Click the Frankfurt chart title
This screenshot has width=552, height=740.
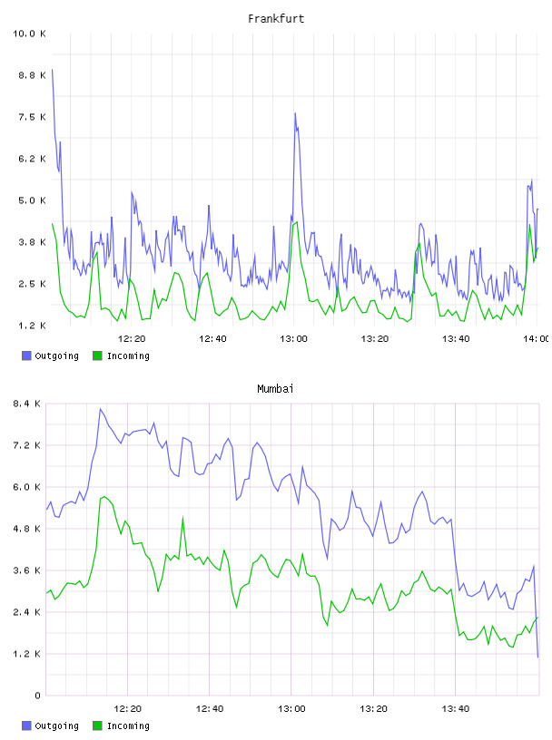pyautogui.click(x=276, y=19)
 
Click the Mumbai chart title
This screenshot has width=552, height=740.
pyautogui.click(x=275, y=389)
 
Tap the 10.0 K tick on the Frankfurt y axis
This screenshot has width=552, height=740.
pyautogui.click(x=29, y=34)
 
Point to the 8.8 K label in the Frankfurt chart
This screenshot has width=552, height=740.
pyautogui.click(x=32, y=75)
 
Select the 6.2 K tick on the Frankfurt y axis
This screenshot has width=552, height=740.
pyautogui.click(x=32, y=159)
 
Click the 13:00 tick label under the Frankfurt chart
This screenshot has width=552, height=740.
pyautogui.click(x=293, y=338)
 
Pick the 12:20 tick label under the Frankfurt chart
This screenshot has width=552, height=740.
pyautogui.click(x=132, y=338)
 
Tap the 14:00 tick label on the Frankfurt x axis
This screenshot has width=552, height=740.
pyautogui.click(x=536, y=338)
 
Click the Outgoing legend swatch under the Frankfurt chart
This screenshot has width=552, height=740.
pyautogui.click(x=26, y=355)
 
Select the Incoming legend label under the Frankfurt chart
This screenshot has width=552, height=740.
pyautogui.click(x=128, y=355)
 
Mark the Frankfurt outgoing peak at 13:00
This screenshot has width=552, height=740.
pyautogui.click(x=295, y=113)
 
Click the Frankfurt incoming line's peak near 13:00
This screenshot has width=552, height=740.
pyautogui.click(x=296, y=222)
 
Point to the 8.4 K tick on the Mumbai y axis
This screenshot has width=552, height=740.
pyautogui.click(x=27, y=404)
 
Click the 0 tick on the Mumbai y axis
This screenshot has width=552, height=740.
pyautogui.click(x=37, y=696)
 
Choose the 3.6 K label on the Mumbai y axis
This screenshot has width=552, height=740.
pyautogui.click(x=27, y=570)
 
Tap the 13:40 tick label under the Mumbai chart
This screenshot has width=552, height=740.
pyautogui.click(x=455, y=708)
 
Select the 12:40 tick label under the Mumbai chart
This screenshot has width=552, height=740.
pyautogui.click(x=210, y=708)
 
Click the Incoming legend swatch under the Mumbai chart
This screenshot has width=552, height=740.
pyautogui.click(x=97, y=725)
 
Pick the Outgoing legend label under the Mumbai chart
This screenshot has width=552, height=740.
pyautogui.click(x=56, y=725)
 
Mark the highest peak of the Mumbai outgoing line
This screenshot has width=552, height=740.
pyautogui.click(x=100, y=409)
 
